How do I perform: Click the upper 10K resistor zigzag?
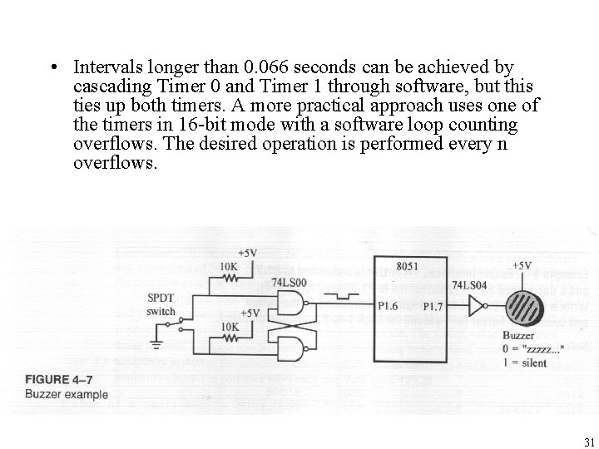pyautogui.click(x=231, y=279)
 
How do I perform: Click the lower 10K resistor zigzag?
pyautogui.click(x=230, y=339)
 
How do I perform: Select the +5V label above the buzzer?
pyautogui.click(x=521, y=266)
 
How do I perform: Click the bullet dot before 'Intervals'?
pyautogui.click(x=52, y=67)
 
